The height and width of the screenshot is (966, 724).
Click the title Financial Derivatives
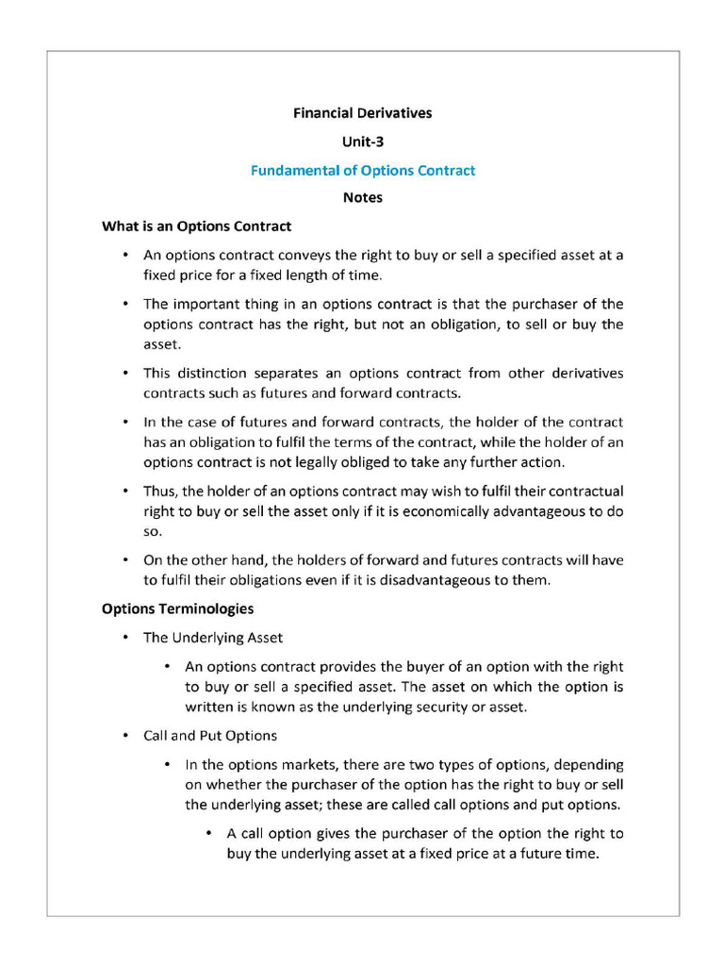[362, 113]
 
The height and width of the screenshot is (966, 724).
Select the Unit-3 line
[362, 142]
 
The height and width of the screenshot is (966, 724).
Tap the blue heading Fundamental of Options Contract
[362, 171]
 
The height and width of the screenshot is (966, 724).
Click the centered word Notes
[362, 198]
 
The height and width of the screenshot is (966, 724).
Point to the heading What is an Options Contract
[196, 226]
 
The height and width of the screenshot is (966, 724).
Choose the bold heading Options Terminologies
[177, 608]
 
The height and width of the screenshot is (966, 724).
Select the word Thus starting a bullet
[158, 491]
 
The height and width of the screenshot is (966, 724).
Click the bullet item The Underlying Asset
[212, 638]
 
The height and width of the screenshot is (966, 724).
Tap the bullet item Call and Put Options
[209, 735]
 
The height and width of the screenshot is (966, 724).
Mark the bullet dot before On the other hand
[125, 560]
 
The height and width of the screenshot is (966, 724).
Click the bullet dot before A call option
[208, 834]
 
